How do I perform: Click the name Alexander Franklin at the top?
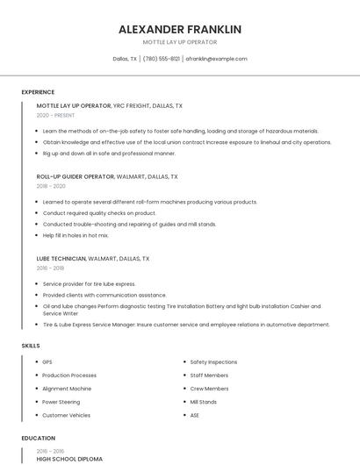point(180,29)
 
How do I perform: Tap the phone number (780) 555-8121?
point(162,59)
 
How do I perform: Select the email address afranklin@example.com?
point(216,59)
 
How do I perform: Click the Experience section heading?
point(38,91)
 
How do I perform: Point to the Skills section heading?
point(31,346)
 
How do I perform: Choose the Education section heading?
point(39,438)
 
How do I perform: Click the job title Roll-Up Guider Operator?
point(76,176)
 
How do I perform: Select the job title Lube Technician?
point(61,259)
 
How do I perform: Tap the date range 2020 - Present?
point(55,115)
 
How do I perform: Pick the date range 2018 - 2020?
point(51,186)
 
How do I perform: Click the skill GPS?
point(47,361)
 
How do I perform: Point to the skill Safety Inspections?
point(213,361)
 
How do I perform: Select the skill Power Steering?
point(61,402)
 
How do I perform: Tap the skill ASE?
point(195,415)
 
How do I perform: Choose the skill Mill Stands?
point(204,402)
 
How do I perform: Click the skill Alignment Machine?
point(67,388)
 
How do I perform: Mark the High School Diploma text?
point(69,459)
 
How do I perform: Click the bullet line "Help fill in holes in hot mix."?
point(76,235)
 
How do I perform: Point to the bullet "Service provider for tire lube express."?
point(89,283)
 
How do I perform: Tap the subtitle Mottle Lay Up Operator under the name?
point(180,42)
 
